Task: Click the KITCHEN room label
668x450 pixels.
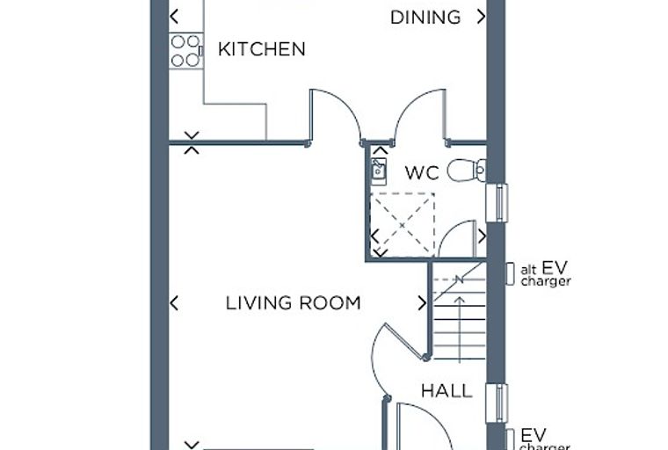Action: [x=262, y=49]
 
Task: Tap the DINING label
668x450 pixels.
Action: [x=425, y=18]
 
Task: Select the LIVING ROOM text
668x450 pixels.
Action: [x=293, y=303]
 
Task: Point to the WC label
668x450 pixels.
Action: [x=422, y=173]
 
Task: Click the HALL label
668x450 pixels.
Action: [x=447, y=391]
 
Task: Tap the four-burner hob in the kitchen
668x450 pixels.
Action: [x=185, y=51]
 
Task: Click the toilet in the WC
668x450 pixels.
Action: [x=467, y=170]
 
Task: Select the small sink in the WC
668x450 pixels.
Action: [x=378, y=171]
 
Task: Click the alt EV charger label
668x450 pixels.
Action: [x=545, y=274]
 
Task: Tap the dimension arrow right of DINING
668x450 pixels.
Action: [x=481, y=17]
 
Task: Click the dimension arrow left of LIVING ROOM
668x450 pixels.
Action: [x=174, y=303]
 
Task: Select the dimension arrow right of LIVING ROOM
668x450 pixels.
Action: [x=422, y=303]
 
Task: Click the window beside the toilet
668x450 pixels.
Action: [x=497, y=203]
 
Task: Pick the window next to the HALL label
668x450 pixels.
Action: [x=497, y=403]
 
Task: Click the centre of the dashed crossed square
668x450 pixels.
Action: [x=403, y=225]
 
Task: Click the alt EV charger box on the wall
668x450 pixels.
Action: [x=510, y=273]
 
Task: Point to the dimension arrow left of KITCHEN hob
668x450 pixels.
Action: [x=174, y=17]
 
